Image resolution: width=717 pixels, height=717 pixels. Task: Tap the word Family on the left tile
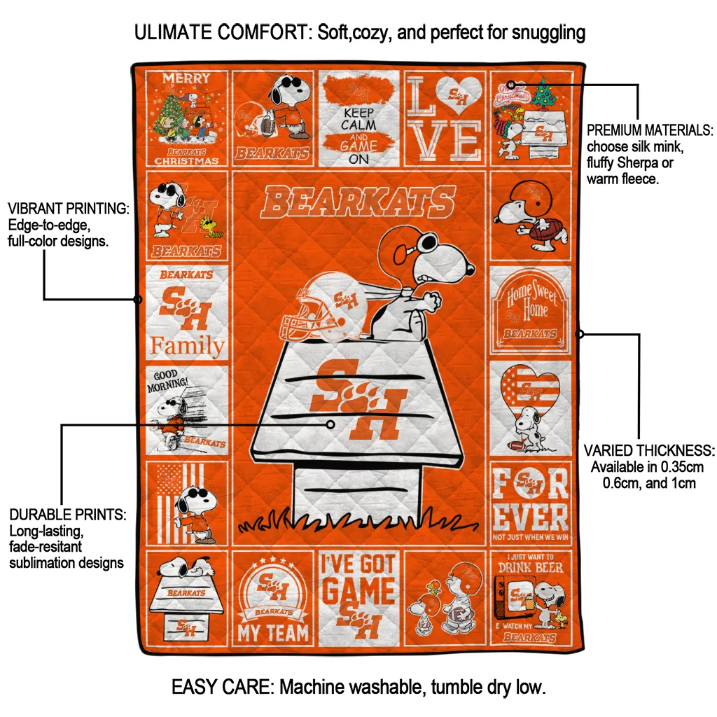coord(188,346)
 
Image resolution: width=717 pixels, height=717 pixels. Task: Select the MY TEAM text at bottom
coord(273,633)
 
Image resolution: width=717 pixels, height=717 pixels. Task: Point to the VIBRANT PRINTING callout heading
coord(68,209)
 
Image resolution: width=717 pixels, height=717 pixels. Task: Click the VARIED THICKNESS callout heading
coord(649,450)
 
